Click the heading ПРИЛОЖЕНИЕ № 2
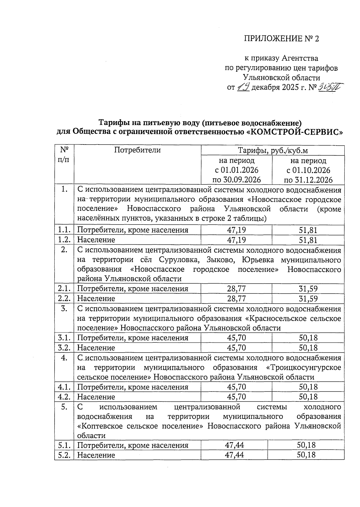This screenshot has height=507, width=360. tap(281, 39)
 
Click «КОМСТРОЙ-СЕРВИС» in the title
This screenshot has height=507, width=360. tap(295, 132)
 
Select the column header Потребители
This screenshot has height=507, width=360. tap(137, 150)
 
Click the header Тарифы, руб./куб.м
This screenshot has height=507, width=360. tap(272, 150)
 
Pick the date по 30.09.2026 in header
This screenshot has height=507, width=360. tap(236, 180)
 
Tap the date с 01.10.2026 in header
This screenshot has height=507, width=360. tap(308, 170)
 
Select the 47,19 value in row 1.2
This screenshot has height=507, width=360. tap(236, 240)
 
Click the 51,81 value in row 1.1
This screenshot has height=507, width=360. tap(308, 230)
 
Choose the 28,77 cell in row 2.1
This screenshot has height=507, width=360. tap(236, 289)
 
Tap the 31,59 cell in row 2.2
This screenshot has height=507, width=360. tap(308, 299)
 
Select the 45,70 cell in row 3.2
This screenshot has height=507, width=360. tap(236, 348)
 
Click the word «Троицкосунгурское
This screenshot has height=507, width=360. tap(304, 367)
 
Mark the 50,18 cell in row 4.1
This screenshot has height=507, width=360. tap(308, 387)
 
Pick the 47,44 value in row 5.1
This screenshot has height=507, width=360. tap(234, 445)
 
